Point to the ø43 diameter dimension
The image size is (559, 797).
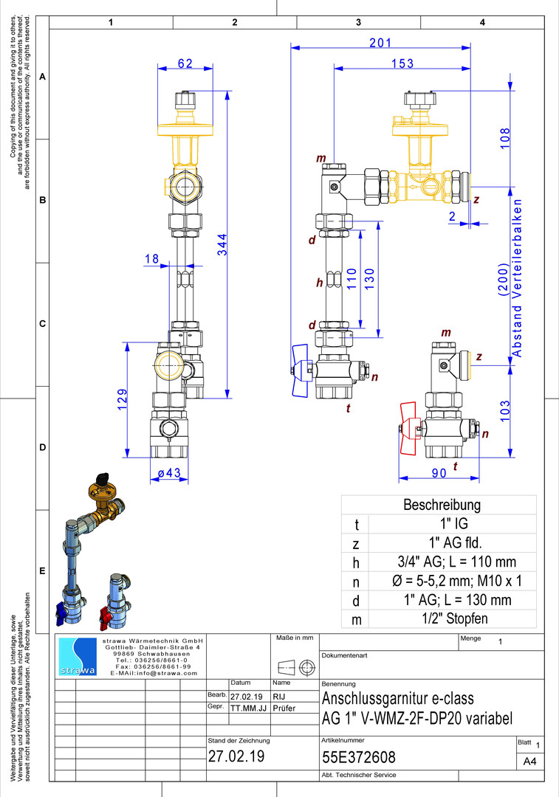click(168, 473)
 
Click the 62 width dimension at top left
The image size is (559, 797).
click(185, 63)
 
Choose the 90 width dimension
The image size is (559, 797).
click(439, 473)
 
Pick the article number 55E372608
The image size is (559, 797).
click(359, 757)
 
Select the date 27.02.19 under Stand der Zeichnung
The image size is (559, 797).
click(236, 756)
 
